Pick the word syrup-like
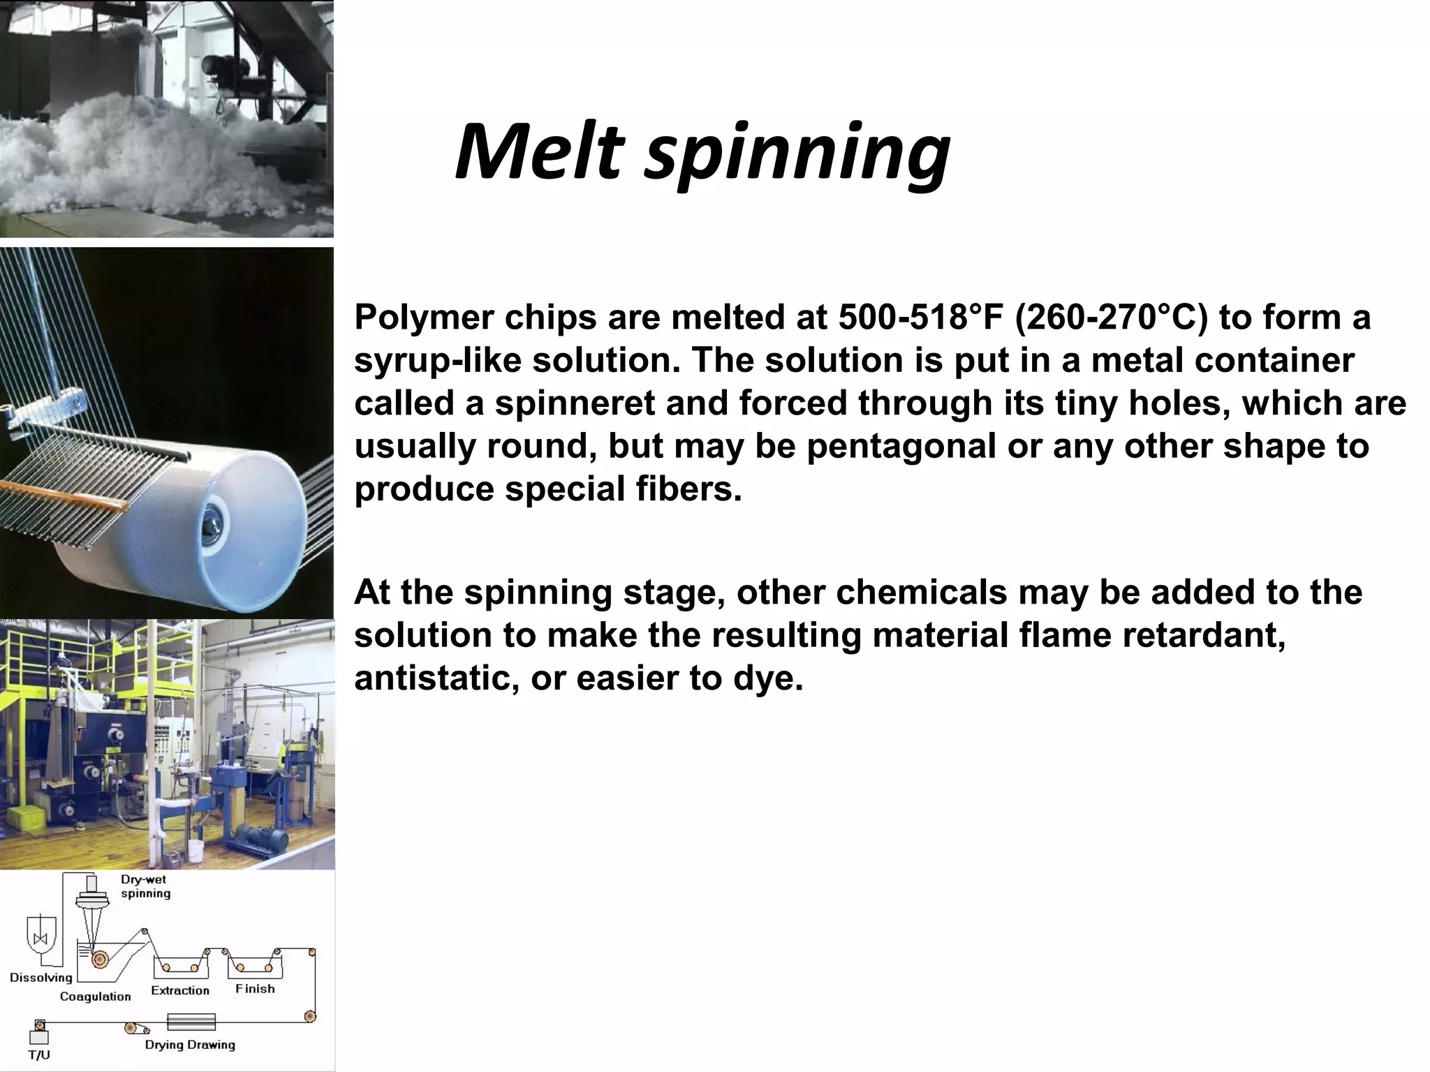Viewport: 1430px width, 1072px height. click(x=438, y=361)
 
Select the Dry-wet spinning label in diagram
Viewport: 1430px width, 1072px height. click(x=145, y=886)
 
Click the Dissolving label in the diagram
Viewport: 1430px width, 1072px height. click(x=41, y=977)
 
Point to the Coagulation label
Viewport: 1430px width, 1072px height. click(x=95, y=996)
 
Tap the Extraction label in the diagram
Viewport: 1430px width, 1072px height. click(x=180, y=990)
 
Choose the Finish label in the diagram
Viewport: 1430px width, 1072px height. click(x=255, y=988)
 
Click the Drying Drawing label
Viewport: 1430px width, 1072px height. click(x=190, y=1045)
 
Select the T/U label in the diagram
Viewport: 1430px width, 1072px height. click(x=39, y=1055)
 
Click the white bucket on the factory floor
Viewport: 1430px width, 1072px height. click(x=196, y=850)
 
